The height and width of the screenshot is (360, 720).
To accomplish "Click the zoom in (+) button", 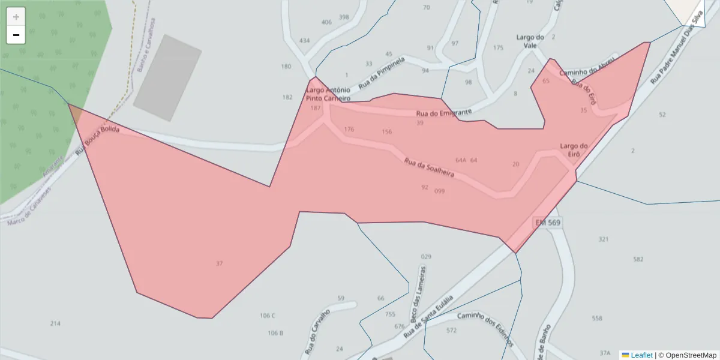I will click(x=16, y=16).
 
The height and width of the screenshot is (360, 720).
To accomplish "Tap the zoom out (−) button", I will click(x=16, y=35).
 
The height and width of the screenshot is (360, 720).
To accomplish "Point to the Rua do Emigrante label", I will click(x=443, y=113).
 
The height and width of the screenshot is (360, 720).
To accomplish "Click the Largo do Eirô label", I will click(x=574, y=150).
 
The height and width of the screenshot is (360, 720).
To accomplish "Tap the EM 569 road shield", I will click(x=548, y=223).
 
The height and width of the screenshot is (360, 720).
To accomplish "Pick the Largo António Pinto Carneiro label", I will click(x=328, y=94).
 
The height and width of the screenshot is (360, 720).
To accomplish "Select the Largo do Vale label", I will click(x=530, y=41).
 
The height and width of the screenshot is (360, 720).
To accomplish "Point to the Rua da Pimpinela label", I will click(x=382, y=73).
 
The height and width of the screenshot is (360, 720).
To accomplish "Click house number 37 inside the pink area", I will click(x=219, y=263).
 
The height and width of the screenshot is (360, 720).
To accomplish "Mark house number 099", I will click(x=439, y=191).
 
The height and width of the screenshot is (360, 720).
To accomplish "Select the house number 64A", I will click(x=460, y=160).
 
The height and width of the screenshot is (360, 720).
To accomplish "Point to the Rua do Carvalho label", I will click(x=317, y=331).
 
